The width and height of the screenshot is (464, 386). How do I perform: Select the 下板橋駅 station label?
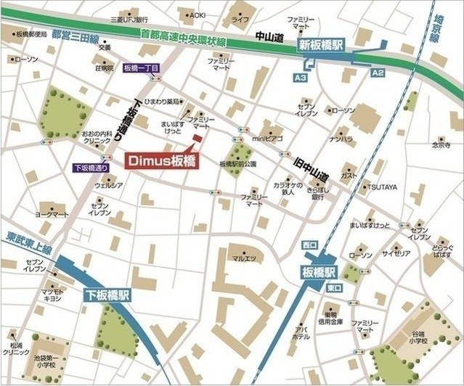107,295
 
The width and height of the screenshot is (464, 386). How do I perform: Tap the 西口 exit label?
310,245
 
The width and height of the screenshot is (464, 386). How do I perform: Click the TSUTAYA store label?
381,187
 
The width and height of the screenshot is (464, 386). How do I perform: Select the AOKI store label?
197,15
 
